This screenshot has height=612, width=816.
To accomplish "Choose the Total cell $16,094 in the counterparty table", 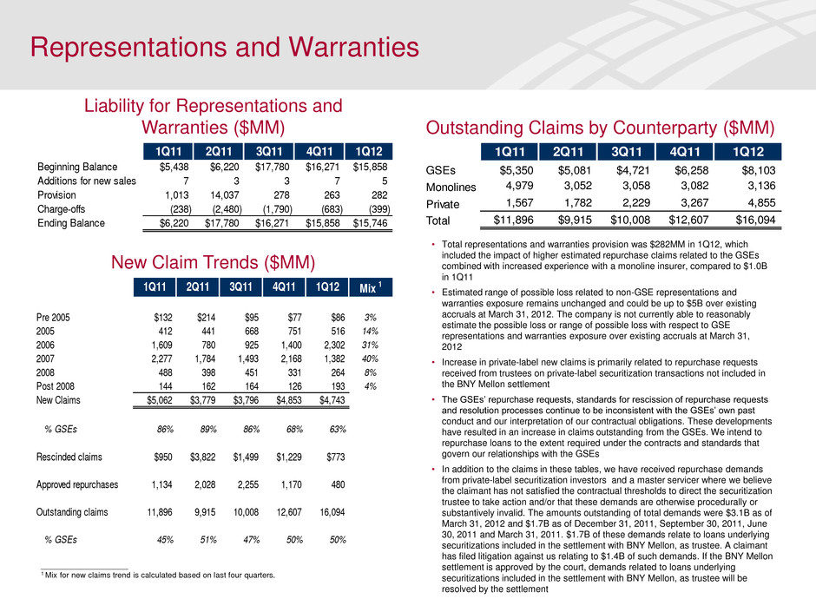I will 751,220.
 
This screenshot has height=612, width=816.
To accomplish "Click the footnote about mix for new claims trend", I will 160,575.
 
